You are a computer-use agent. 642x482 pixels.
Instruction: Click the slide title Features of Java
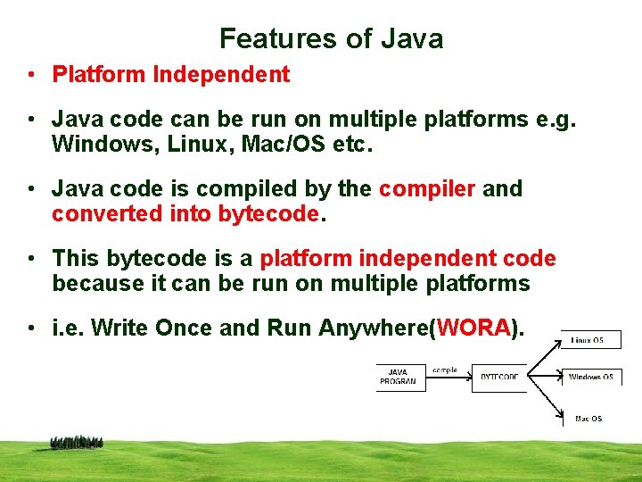(331, 38)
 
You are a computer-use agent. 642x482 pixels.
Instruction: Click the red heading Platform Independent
(171, 75)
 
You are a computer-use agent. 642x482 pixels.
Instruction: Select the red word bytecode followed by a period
(267, 214)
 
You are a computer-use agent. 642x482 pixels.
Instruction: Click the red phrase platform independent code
(407, 259)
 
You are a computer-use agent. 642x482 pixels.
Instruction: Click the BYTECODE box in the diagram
(498, 378)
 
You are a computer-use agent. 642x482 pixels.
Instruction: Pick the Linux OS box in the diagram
(590, 340)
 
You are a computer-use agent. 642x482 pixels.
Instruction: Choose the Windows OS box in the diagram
(590, 378)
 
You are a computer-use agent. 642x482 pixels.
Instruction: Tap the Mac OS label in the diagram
(588, 419)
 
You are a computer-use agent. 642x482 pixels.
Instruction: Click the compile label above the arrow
(444, 370)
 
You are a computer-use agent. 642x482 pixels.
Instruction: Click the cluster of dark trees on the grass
(77, 442)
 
